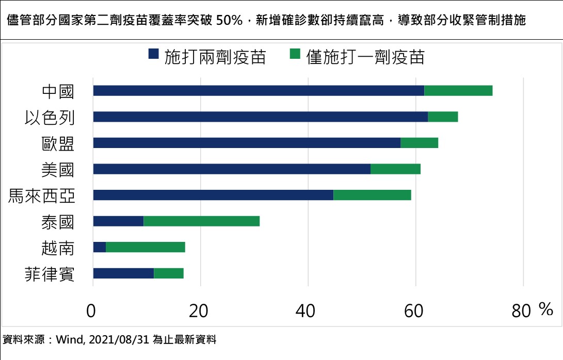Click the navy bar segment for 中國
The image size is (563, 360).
[x=258, y=91]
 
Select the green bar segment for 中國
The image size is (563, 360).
[x=458, y=91]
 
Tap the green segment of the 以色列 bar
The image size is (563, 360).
[x=443, y=117]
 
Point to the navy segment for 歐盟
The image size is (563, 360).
[x=247, y=143]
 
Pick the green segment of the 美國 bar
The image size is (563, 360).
[x=395, y=169]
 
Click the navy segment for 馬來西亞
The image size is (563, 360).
[x=213, y=195]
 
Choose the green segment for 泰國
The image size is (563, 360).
[x=201, y=221]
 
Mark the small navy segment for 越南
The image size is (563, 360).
[x=100, y=247]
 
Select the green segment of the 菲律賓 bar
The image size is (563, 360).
[x=169, y=273]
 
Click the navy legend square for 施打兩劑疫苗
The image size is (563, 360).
[x=154, y=54]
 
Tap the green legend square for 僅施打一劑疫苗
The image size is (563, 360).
[x=295, y=54]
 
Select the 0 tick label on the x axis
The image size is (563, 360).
[x=91, y=310]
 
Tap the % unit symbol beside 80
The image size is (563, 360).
[x=545, y=309]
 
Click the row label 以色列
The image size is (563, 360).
[x=50, y=117]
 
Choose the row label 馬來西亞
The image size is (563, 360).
[x=41, y=195]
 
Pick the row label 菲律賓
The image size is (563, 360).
[x=50, y=273]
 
